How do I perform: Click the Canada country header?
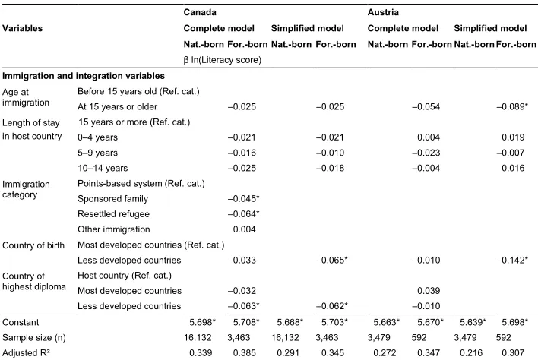point(200,12)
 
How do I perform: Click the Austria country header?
point(383,12)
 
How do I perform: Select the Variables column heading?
point(22,28)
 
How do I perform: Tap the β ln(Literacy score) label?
point(223,60)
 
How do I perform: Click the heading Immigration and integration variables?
point(84,76)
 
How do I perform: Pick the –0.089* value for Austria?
point(512,106)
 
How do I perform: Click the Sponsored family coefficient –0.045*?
point(244,198)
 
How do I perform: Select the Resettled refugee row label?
point(113,214)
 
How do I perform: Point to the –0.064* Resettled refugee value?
point(244,214)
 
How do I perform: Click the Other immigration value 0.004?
point(244,229)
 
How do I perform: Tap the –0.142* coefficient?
point(512,260)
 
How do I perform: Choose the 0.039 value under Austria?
point(429,291)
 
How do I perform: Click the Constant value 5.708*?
point(246,322)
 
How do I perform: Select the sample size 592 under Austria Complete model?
point(419,338)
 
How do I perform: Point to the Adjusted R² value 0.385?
point(244,353)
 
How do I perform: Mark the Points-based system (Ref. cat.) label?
point(141,184)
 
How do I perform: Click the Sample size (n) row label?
point(34,338)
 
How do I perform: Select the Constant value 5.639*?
point(473,322)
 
